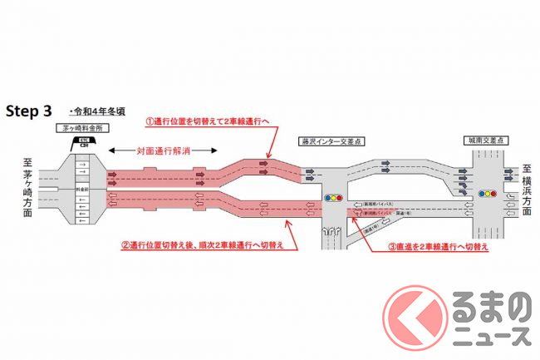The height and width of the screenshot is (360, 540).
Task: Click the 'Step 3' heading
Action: pos(32,110)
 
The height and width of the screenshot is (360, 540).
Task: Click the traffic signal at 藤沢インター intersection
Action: pos(334,199)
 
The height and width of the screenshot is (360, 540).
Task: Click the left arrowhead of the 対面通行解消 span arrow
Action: pos(113,150)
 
